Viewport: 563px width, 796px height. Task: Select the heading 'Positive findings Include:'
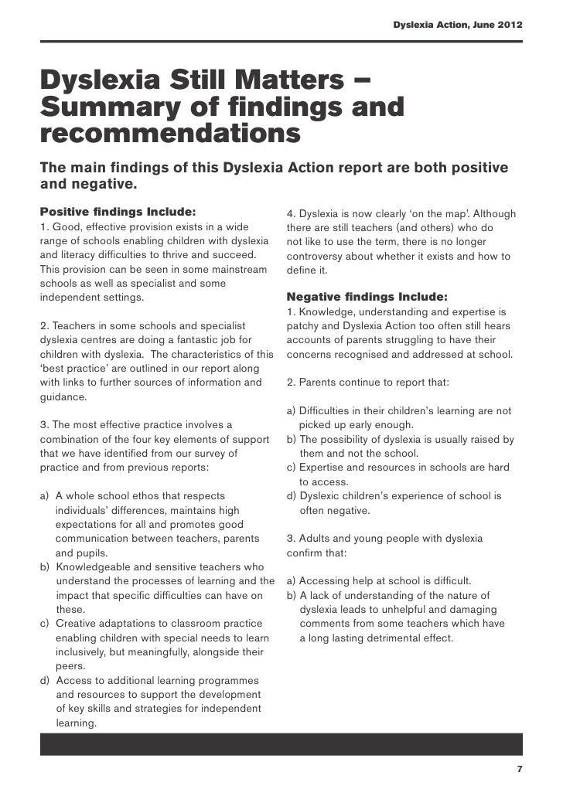tap(118, 211)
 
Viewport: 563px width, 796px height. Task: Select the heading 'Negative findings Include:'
tap(367, 297)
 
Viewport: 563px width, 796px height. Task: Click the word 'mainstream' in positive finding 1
tap(237, 269)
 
